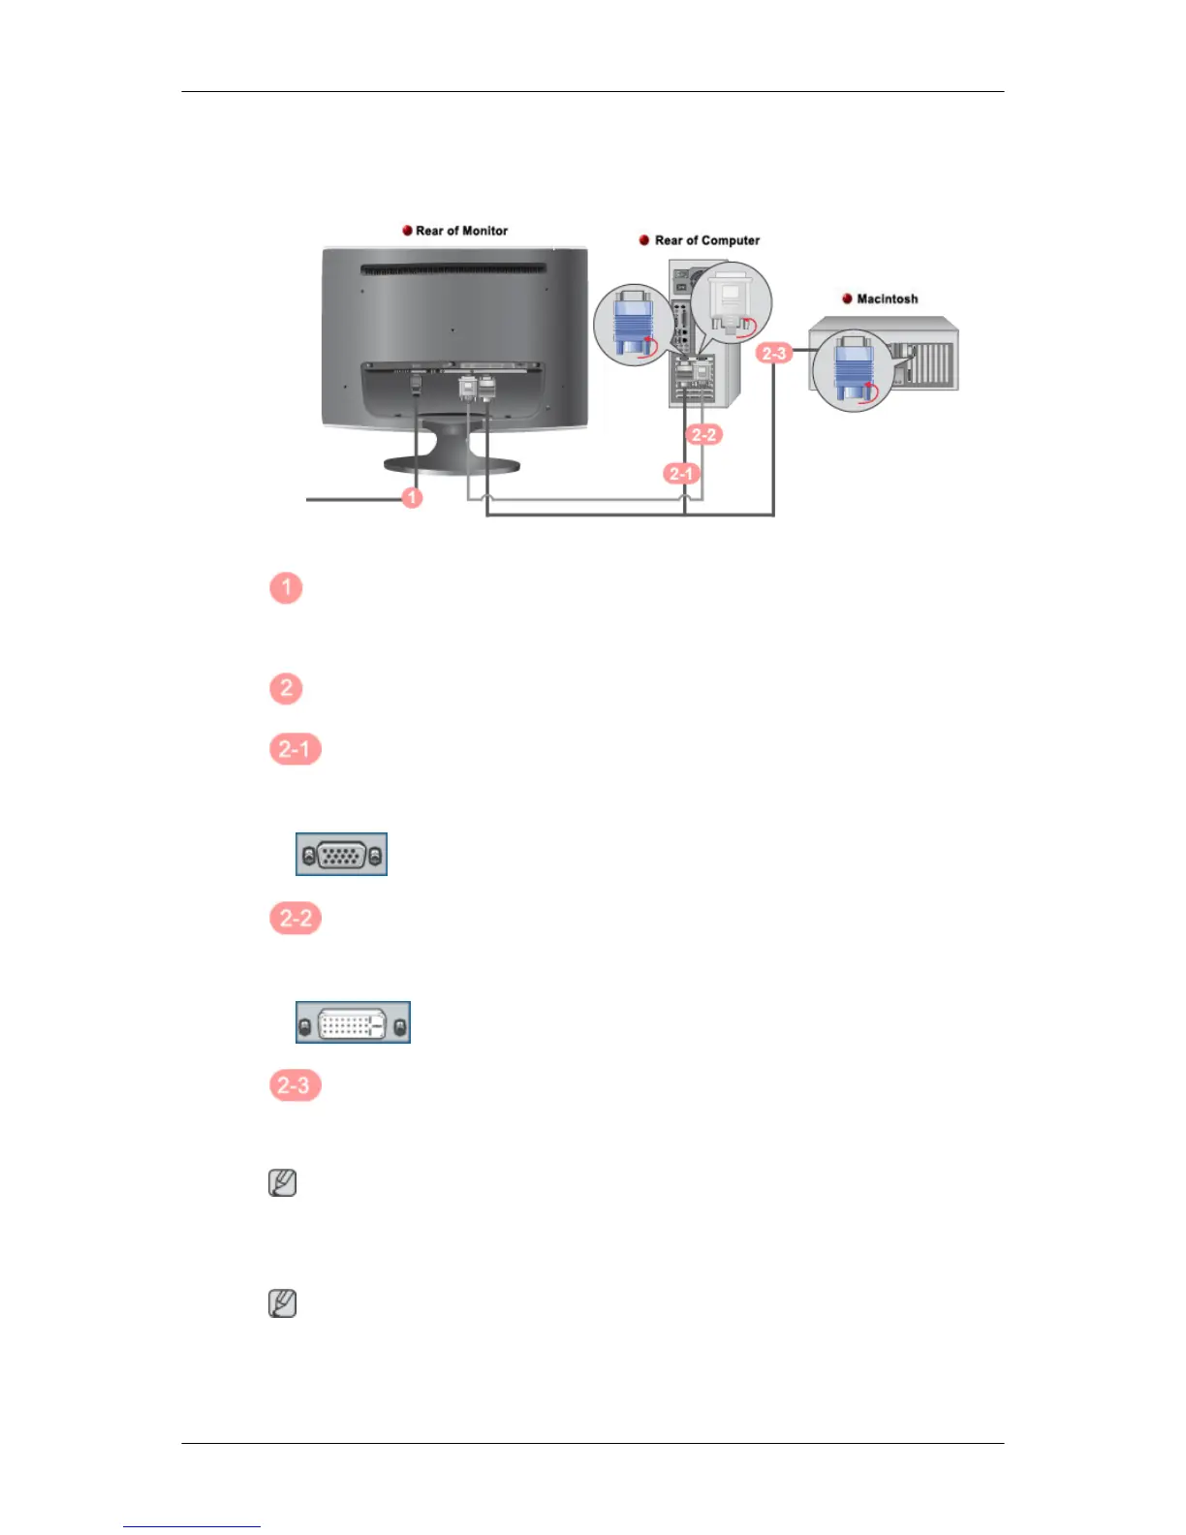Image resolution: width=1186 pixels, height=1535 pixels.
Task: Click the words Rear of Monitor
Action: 461,231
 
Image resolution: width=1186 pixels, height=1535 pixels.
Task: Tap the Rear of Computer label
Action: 706,240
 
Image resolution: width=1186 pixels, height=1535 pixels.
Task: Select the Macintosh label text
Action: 887,298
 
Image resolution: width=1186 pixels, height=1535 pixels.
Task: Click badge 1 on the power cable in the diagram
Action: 412,497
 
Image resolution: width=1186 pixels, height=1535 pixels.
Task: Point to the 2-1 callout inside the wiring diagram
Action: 681,474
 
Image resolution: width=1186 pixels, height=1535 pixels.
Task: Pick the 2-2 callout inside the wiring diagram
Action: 704,434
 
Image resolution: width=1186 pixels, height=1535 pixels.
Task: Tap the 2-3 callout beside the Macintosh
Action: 774,353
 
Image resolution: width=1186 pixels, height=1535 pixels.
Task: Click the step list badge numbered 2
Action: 286,689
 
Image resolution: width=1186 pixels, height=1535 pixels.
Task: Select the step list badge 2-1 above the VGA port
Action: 295,749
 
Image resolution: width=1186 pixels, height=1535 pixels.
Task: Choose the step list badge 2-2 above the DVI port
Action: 296,919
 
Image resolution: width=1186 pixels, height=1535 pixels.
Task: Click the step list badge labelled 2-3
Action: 295,1085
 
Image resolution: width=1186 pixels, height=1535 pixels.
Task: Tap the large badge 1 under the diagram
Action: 286,587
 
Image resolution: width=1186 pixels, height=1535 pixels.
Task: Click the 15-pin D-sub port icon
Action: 341,855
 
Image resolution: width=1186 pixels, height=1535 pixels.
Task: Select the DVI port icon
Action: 353,1022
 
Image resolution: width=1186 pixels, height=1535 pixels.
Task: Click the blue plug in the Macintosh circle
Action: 853,369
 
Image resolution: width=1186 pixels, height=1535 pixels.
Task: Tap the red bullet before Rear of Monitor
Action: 408,231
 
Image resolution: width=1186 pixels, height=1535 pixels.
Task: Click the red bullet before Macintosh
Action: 848,298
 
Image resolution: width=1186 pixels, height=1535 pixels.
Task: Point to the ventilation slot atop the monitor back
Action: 453,270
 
